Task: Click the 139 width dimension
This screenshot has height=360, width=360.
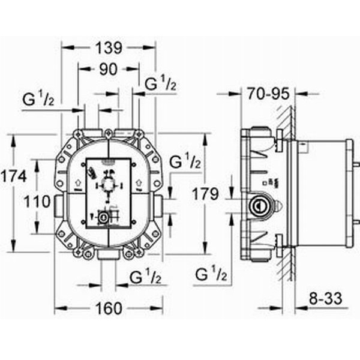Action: click(109, 48)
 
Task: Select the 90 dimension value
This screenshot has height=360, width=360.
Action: click(109, 69)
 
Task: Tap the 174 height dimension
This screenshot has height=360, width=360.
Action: click(13, 176)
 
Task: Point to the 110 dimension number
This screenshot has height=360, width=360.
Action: click(37, 202)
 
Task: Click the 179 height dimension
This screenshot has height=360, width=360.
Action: click(205, 194)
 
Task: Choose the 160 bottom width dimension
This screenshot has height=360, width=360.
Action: click(109, 308)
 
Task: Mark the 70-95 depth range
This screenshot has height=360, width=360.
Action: click(268, 94)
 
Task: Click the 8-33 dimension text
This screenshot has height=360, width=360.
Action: click(325, 299)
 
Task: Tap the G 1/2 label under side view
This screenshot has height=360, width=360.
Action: click(211, 274)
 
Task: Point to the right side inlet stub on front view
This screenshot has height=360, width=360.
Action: click(158, 205)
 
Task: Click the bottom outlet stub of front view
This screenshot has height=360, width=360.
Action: click(107, 255)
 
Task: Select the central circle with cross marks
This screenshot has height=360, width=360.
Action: click(109, 185)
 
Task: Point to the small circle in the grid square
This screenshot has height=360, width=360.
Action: click(104, 217)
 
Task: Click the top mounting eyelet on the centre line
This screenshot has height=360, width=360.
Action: click(108, 133)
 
